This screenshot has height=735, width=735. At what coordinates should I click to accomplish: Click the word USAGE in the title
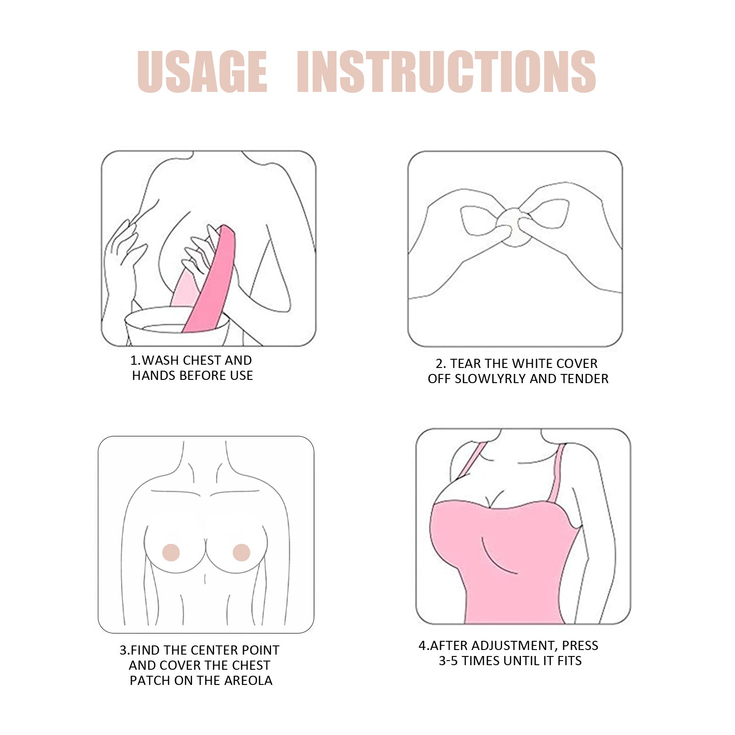(202, 72)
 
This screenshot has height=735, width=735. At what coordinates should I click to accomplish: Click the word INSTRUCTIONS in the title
(447, 72)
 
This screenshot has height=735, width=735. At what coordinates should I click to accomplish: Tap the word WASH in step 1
(159, 360)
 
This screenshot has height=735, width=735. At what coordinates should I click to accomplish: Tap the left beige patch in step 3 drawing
(171, 553)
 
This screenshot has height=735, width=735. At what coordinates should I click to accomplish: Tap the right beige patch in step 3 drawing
(242, 553)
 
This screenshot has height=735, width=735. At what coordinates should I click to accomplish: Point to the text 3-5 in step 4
(448, 661)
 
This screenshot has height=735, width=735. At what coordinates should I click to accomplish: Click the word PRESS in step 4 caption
(580, 645)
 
